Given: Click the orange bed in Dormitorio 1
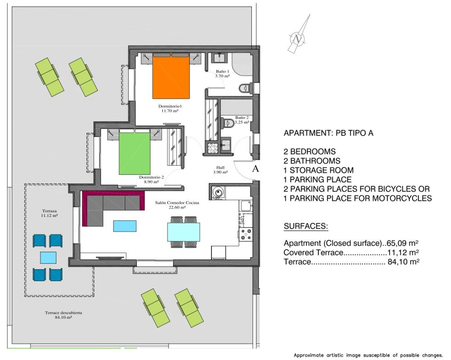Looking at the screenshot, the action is (x=171, y=76).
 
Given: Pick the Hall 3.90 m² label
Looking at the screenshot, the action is (x=220, y=170).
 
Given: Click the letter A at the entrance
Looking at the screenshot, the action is (x=255, y=169).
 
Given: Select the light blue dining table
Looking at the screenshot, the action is (x=184, y=232).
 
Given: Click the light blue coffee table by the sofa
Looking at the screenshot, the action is (x=125, y=226).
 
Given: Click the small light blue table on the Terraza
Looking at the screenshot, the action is (x=48, y=258).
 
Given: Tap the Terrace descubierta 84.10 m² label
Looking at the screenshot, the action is (x=63, y=315).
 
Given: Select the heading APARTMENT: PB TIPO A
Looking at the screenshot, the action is (x=329, y=133).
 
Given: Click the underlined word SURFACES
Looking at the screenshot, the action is (x=306, y=226).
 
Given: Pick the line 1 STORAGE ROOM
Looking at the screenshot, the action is (x=319, y=170).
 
